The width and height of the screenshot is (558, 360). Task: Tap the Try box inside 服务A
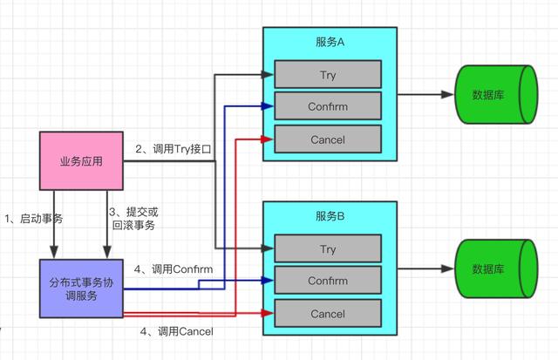coord(328,74)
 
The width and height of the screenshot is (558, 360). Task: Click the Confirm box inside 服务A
coord(328,106)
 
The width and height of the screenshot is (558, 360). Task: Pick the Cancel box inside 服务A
coord(328,139)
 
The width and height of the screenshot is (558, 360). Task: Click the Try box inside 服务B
coord(328,249)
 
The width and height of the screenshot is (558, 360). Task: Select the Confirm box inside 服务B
coord(328,281)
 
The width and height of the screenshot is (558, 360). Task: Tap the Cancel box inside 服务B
coord(328,314)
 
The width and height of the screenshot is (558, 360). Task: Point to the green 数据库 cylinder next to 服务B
coord(493,268)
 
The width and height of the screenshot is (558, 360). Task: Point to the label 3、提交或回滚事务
coord(133,218)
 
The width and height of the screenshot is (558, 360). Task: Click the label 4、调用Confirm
coord(174,269)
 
